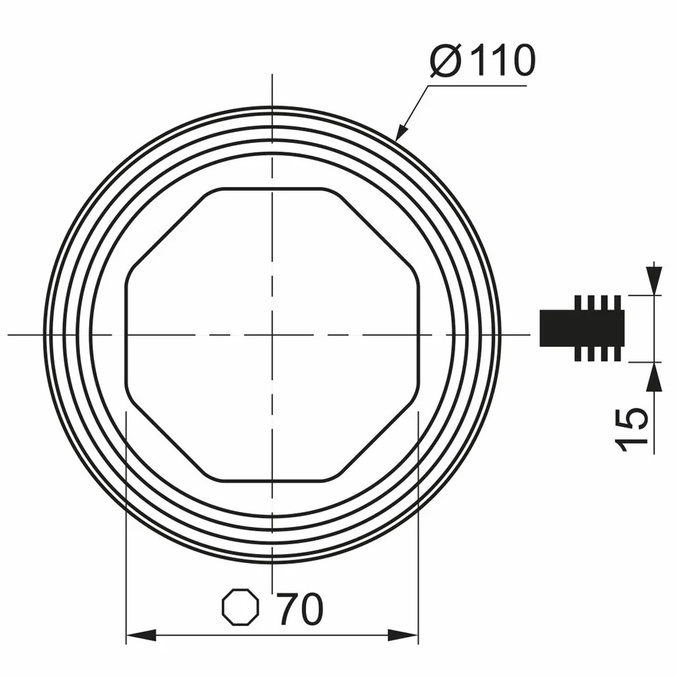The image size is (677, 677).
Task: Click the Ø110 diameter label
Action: pyautogui.click(x=483, y=60)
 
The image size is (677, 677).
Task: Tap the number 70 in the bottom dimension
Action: pyautogui.click(x=299, y=609)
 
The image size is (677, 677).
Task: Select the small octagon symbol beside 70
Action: pyautogui.click(x=240, y=607)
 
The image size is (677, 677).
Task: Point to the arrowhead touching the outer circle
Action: pyautogui.click(x=402, y=131)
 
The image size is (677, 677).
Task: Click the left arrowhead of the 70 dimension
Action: pyautogui.click(x=141, y=635)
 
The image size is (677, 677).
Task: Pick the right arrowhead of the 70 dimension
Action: pyautogui.click(x=403, y=635)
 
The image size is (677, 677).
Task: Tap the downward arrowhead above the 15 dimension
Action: pyautogui.click(x=654, y=280)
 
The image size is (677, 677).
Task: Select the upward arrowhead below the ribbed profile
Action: pyautogui.click(x=654, y=377)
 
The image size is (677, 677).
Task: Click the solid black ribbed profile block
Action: pyautogui.click(x=582, y=328)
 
